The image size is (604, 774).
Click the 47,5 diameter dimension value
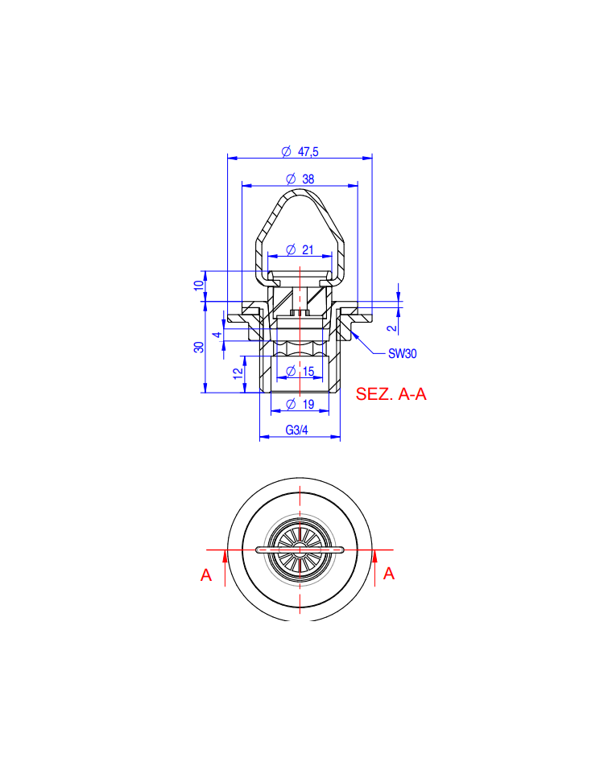308,151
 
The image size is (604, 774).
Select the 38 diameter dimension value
308,179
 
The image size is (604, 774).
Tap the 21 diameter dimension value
308,249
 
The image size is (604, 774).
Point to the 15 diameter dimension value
308,371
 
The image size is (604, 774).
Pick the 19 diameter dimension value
308,404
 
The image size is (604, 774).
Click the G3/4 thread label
296,430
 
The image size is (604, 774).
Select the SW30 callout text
403,353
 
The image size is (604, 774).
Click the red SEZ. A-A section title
391,394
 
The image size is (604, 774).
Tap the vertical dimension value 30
199,347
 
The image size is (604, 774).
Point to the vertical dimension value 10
199,285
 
